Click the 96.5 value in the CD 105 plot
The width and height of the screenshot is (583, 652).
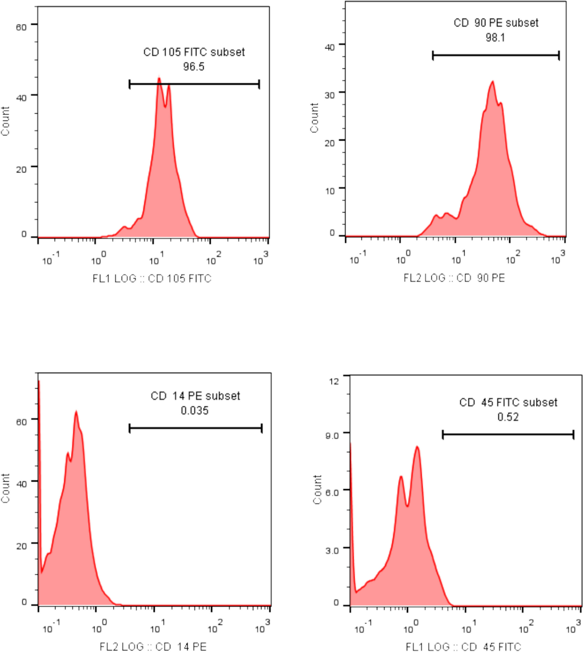click(x=194, y=67)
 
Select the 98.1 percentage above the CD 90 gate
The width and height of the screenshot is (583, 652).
click(x=495, y=37)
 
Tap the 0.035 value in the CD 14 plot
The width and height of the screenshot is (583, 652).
click(x=195, y=410)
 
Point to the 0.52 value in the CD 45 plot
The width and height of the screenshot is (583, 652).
click(x=508, y=417)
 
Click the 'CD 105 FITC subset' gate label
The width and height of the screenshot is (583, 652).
click(x=194, y=52)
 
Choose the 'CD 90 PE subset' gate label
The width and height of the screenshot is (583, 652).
click(x=496, y=23)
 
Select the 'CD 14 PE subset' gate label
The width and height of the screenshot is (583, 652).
click(x=195, y=396)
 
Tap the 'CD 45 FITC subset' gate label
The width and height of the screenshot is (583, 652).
click(x=508, y=402)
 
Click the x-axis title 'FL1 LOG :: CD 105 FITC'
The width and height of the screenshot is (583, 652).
click(x=152, y=278)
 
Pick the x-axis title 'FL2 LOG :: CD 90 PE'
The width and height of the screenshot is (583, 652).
click(x=454, y=278)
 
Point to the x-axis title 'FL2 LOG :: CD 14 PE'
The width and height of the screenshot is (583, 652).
click(x=153, y=646)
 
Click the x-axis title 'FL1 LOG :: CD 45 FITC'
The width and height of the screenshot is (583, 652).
click(x=463, y=647)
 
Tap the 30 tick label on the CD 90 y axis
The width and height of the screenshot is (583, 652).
click(x=330, y=95)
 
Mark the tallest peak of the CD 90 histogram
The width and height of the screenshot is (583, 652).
click(x=493, y=82)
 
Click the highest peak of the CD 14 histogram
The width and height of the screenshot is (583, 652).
click(x=76, y=412)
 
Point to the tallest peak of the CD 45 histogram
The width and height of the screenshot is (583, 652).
click(x=417, y=447)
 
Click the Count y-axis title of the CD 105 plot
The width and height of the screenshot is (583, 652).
click(x=5, y=121)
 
